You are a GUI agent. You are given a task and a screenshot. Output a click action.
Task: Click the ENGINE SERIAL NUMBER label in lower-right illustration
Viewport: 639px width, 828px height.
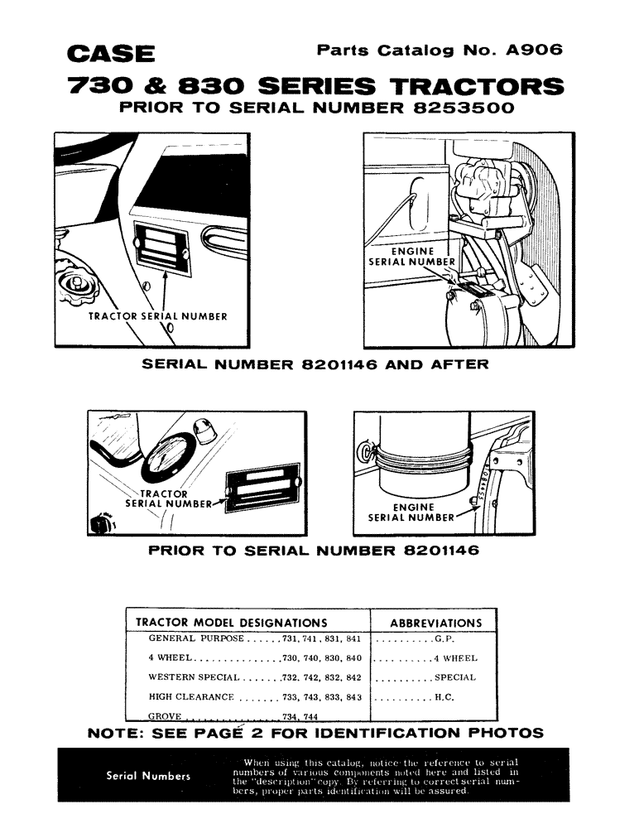(412, 513)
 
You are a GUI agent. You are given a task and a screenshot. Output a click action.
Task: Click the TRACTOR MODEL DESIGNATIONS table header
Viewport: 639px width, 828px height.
(230, 622)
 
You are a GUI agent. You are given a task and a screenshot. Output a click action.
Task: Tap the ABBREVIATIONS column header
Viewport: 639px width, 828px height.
(435, 623)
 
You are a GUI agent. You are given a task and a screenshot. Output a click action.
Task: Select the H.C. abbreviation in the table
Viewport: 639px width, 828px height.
(443, 698)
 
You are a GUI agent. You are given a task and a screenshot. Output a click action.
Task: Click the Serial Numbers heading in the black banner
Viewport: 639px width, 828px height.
(149, 776)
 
